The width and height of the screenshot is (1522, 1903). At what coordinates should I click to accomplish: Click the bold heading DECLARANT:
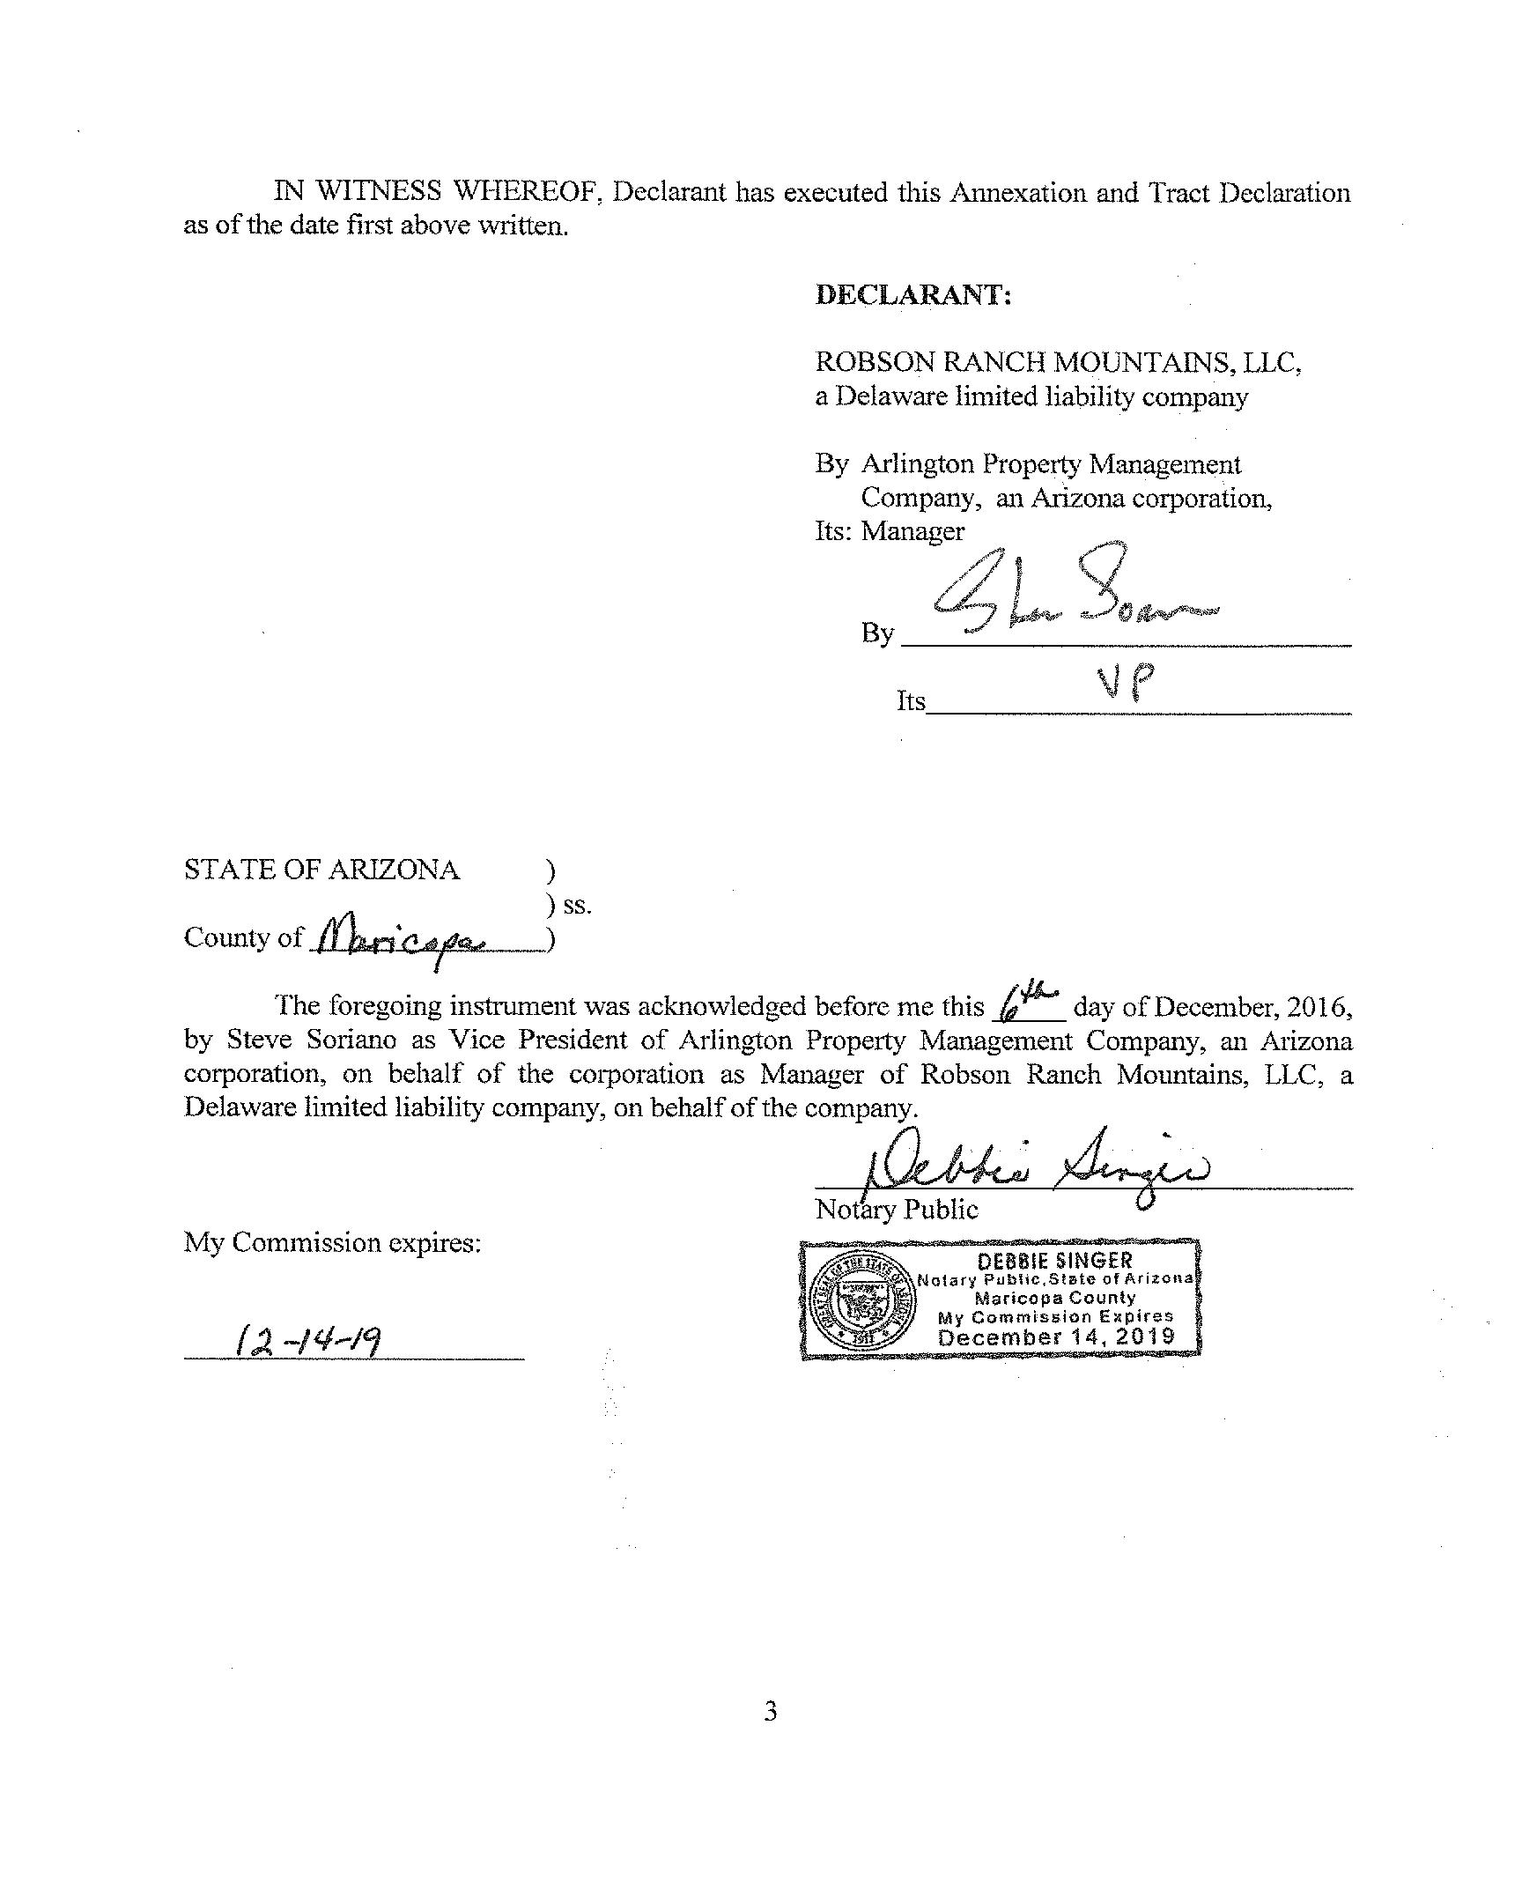click(x=912, y=294)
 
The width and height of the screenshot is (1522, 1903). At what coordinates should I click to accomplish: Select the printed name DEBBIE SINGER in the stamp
click(x=1054, y=1260)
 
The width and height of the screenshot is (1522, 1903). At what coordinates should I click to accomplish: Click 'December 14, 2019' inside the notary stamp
click(x=1056, y=1337)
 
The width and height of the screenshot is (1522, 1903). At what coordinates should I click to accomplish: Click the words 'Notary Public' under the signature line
click(x=897, y=1210)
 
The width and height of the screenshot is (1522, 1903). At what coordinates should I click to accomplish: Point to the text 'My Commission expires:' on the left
click(x=333, y=1243)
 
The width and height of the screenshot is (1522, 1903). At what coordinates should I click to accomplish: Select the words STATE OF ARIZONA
click(x=321, y=870)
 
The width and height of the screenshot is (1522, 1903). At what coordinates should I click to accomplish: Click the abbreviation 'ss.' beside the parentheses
click(x=577, y=905)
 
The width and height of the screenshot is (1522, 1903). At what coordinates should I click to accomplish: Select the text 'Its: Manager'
click(x=890, y=531)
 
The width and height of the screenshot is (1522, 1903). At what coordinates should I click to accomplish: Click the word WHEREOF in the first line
click(x=527, y=191)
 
